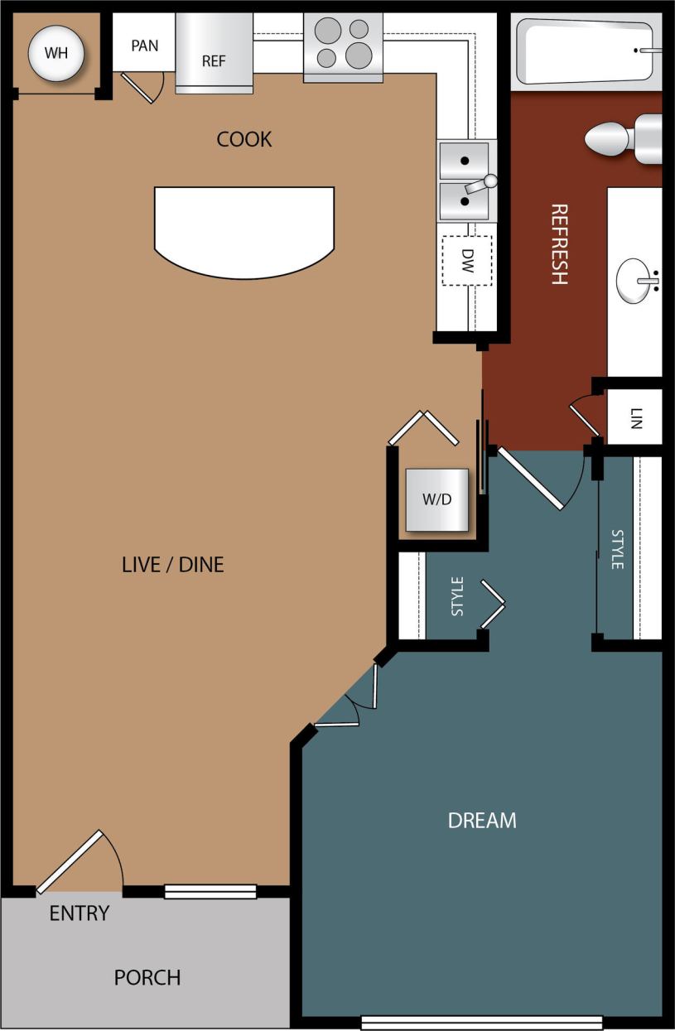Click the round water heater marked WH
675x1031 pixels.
coord(56,54)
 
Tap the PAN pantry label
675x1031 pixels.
coord(144,46)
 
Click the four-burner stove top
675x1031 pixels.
coord(343,46)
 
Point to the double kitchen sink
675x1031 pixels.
coord(465,181)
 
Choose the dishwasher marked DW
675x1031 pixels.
coord(466,260)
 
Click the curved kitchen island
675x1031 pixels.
coord(244,228)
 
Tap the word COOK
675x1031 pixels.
coord(244,139)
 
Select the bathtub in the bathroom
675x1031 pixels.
coord(586,51)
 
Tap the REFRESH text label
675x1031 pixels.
coord(559,243)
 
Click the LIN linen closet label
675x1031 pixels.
coord(635,417)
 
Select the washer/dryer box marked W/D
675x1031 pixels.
coord(436,499)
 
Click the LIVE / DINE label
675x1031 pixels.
coord(172,565)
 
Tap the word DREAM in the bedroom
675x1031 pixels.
coord(482,821)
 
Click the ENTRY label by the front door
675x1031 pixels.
coord(79,913)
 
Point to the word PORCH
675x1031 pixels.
coord(147,978)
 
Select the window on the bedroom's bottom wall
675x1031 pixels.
coord(481,1022)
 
